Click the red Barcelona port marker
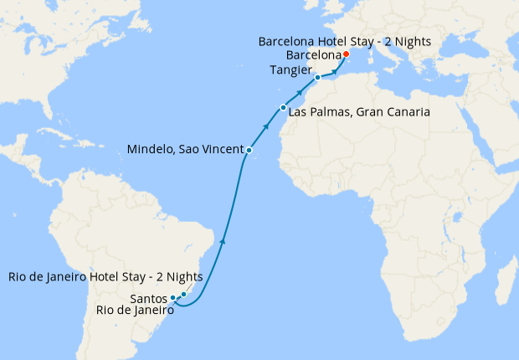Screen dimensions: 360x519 (x=346, y=54)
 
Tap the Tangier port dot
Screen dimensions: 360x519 (x=317, y=77)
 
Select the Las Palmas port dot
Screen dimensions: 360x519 (x=284, y=108)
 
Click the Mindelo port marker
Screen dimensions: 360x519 (x=249, y=150)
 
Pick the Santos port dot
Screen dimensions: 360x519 (x=173, y=297)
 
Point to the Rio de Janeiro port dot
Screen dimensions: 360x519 (x=183, y=294)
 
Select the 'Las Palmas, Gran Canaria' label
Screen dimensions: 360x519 (x=359, y=111)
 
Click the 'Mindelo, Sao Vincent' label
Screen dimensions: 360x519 (x=184, y=150)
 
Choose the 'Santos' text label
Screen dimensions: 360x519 (x=149, y=297)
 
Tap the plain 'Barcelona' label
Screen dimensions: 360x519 (x=313, y=54)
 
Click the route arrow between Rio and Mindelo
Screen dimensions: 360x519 (x=222, y=241)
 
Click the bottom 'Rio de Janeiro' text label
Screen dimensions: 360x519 (x=134, y=310)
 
